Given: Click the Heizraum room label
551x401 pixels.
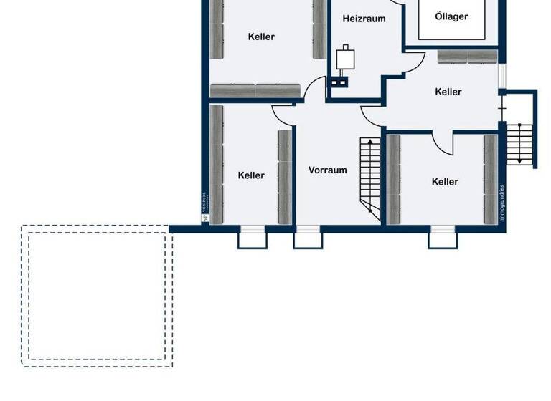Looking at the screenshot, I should (x=364, y=19).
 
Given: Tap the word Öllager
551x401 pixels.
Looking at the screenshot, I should (x=452, y=16).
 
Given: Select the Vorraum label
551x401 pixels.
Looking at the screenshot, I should (x=327, y=170).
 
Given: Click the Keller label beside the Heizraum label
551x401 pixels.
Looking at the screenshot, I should (x=261, y=37).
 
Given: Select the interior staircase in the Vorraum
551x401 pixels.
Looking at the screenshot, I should (x=370, y=175).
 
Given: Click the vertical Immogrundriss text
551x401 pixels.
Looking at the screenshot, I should (x=502, y=203).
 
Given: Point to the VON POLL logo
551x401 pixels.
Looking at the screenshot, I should (x=205, y=214).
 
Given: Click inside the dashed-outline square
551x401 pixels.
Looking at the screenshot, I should (x=97, y=296).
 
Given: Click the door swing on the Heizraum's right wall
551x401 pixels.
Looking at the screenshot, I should (x=410, y=63).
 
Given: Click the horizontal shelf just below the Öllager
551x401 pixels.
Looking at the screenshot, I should (x=467, y=57).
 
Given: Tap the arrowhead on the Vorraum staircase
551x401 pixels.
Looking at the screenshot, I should (x=370, y=142).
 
